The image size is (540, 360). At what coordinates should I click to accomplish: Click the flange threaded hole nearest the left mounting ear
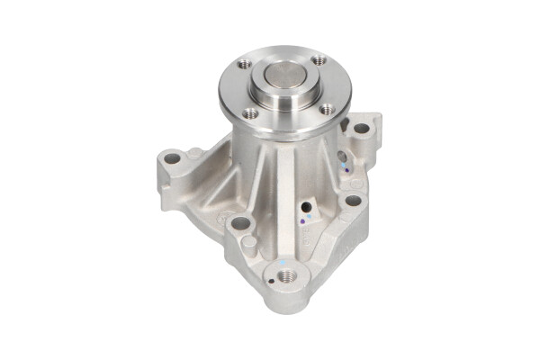(251, 113)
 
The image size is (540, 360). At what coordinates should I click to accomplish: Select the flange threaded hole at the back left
(245, 65)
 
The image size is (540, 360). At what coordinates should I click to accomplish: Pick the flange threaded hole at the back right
(319, 61)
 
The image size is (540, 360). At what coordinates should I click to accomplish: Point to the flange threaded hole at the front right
(327, 110)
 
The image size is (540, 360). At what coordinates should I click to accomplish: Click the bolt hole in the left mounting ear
(171, 159)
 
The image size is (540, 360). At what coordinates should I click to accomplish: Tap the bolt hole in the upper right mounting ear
(362, 129)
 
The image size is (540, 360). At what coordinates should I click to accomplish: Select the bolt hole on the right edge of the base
(353, 201)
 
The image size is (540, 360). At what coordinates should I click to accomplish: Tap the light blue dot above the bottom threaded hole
(283, 261)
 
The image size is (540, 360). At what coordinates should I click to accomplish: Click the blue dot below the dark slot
(343, 168)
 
